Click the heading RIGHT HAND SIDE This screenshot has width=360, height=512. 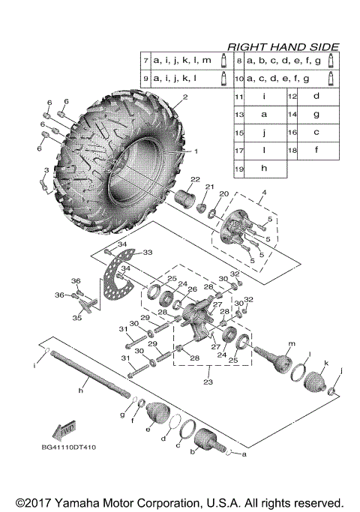pyautogui.click(x=283, y=46)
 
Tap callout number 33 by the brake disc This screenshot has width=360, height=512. pyautogui.click(x=147, y=252)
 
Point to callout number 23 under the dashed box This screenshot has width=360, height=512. pyautogui.click(x=208, y=382)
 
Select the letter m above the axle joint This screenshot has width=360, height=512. pyautogui.click(x=289, y=343)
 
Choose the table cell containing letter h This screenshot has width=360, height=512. pyautogui.click(x=263, y=169)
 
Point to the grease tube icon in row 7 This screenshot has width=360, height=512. pyautogui.click(x=223, y=59)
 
